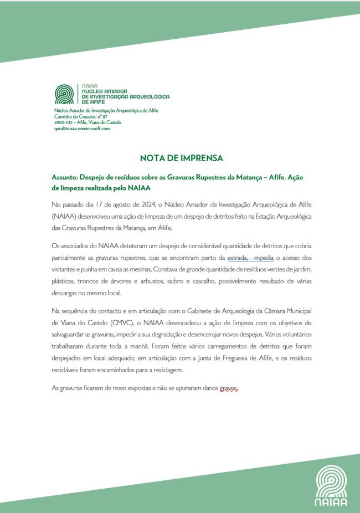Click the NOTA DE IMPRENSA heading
pyautogui.click(x=181, y=158)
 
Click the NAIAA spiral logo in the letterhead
pyautogui.click(x=64, y=95)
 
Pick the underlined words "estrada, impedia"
pyautogui.click(x=251, y=258)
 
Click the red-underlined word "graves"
pyautogui.click(x=229, y=389)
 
